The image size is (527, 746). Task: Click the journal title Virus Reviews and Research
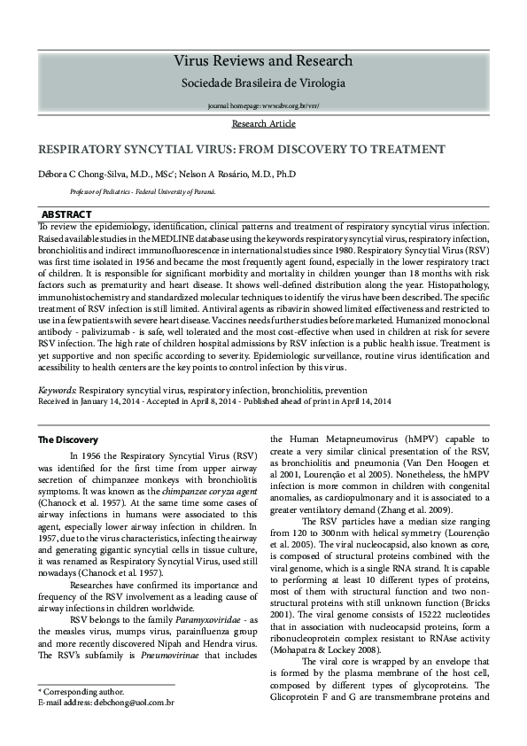coord(263,61)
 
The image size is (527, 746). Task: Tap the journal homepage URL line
coord(263,105)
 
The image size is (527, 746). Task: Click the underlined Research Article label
coord(263,124)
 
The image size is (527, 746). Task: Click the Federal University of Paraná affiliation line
coord(142,191)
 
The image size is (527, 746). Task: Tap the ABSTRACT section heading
coord(66,215)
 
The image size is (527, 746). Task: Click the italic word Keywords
coord(57,390)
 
